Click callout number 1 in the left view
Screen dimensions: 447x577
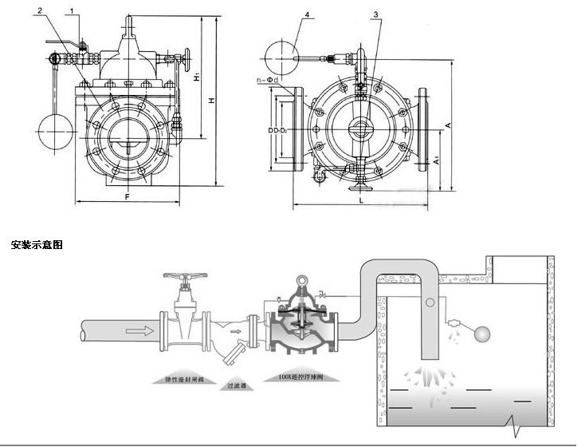click(x=73, y=10)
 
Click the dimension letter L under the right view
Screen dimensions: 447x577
click(x=362, y=201)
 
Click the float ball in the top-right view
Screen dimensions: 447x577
click(x=281, y=53)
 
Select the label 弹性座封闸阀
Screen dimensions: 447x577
click(x=184, y=379)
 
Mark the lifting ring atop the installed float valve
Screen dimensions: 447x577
click(x=302, y=280)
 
